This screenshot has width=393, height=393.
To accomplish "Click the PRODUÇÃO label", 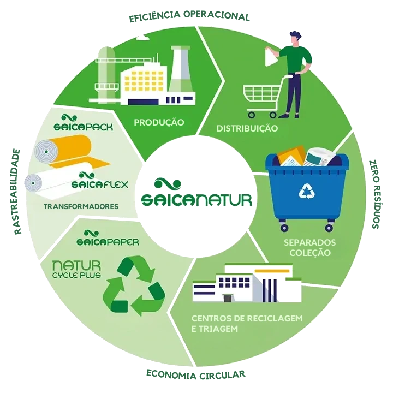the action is pos(159,122).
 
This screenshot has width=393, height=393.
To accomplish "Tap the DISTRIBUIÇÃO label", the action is pos(247,128).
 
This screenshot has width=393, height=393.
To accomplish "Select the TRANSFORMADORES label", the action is pos(81,206).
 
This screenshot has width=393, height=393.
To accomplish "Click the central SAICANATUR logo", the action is pos(196,192).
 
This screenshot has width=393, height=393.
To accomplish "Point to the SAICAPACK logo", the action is pos(83,123).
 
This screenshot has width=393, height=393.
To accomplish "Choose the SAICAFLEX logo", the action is pos(100,181).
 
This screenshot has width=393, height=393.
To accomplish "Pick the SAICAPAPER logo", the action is pos(108,238).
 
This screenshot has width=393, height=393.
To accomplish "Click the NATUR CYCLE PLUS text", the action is pos(76,270).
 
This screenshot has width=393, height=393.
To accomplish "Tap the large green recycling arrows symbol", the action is pos(134,285).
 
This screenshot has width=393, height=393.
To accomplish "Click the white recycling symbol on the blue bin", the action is pos(307,191).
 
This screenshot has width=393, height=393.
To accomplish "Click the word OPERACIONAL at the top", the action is pos(217,16).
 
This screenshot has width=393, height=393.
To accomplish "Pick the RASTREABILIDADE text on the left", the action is pos(17,192).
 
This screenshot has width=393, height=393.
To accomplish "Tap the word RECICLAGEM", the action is pos(275,318).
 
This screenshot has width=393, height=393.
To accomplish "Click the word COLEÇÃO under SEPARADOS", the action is pos(310,253).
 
